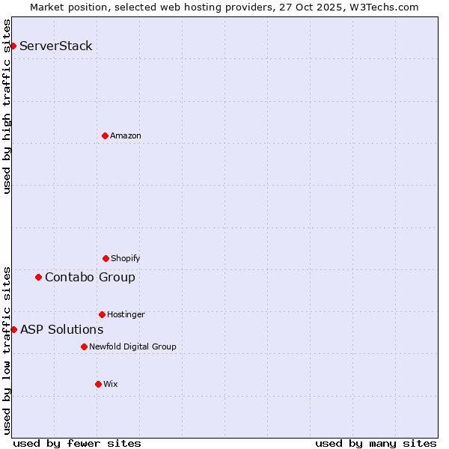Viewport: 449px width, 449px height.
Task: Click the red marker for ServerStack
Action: coord(13,46)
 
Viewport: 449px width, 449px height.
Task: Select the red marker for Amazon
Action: coord(105,135)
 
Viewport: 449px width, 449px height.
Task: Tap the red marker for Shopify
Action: coord(106,258)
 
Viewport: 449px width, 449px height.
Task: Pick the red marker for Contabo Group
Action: coord(38,278)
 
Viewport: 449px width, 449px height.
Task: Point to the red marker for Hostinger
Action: coord(102,314)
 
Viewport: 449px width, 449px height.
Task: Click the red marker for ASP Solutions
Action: coord(13,329)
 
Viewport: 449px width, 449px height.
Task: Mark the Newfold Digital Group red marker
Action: coord(84,346)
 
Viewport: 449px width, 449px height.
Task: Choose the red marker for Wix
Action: coord(98,384)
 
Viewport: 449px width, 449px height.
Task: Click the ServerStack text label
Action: coord(56,46)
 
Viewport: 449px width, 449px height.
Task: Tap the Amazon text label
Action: coord(126,135)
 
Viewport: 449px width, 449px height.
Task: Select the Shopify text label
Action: coord(126,258)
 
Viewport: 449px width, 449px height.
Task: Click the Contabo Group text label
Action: coord(90,278)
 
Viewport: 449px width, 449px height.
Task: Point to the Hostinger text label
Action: coord(126,314)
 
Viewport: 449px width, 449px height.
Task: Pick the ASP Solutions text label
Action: coord(62,329)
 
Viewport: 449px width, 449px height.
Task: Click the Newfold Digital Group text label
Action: coord(132,346)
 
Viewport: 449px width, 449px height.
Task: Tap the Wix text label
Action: coord(111,384)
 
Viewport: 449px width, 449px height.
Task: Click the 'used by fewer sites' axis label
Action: coord(77,443)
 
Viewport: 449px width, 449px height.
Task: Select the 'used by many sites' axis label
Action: coord(376,443)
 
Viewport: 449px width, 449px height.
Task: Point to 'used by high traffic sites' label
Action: coord(7,106)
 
